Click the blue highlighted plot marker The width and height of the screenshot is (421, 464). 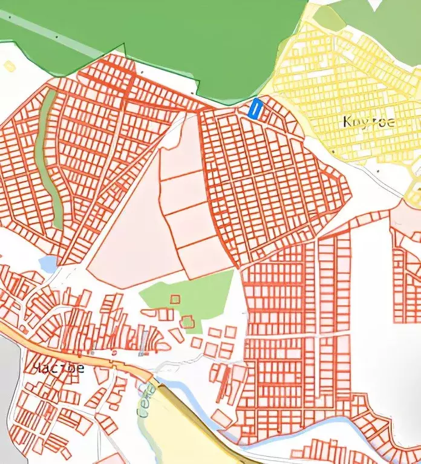[x=255, y=109]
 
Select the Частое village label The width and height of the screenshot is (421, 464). [x=58, y=367]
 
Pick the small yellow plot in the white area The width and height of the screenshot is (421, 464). [x=9, y=66]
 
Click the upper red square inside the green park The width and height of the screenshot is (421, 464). [x=175, y=299]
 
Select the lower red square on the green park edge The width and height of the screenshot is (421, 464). [x=188, y=321]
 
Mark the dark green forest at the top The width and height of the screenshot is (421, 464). [x=181, y=36]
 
